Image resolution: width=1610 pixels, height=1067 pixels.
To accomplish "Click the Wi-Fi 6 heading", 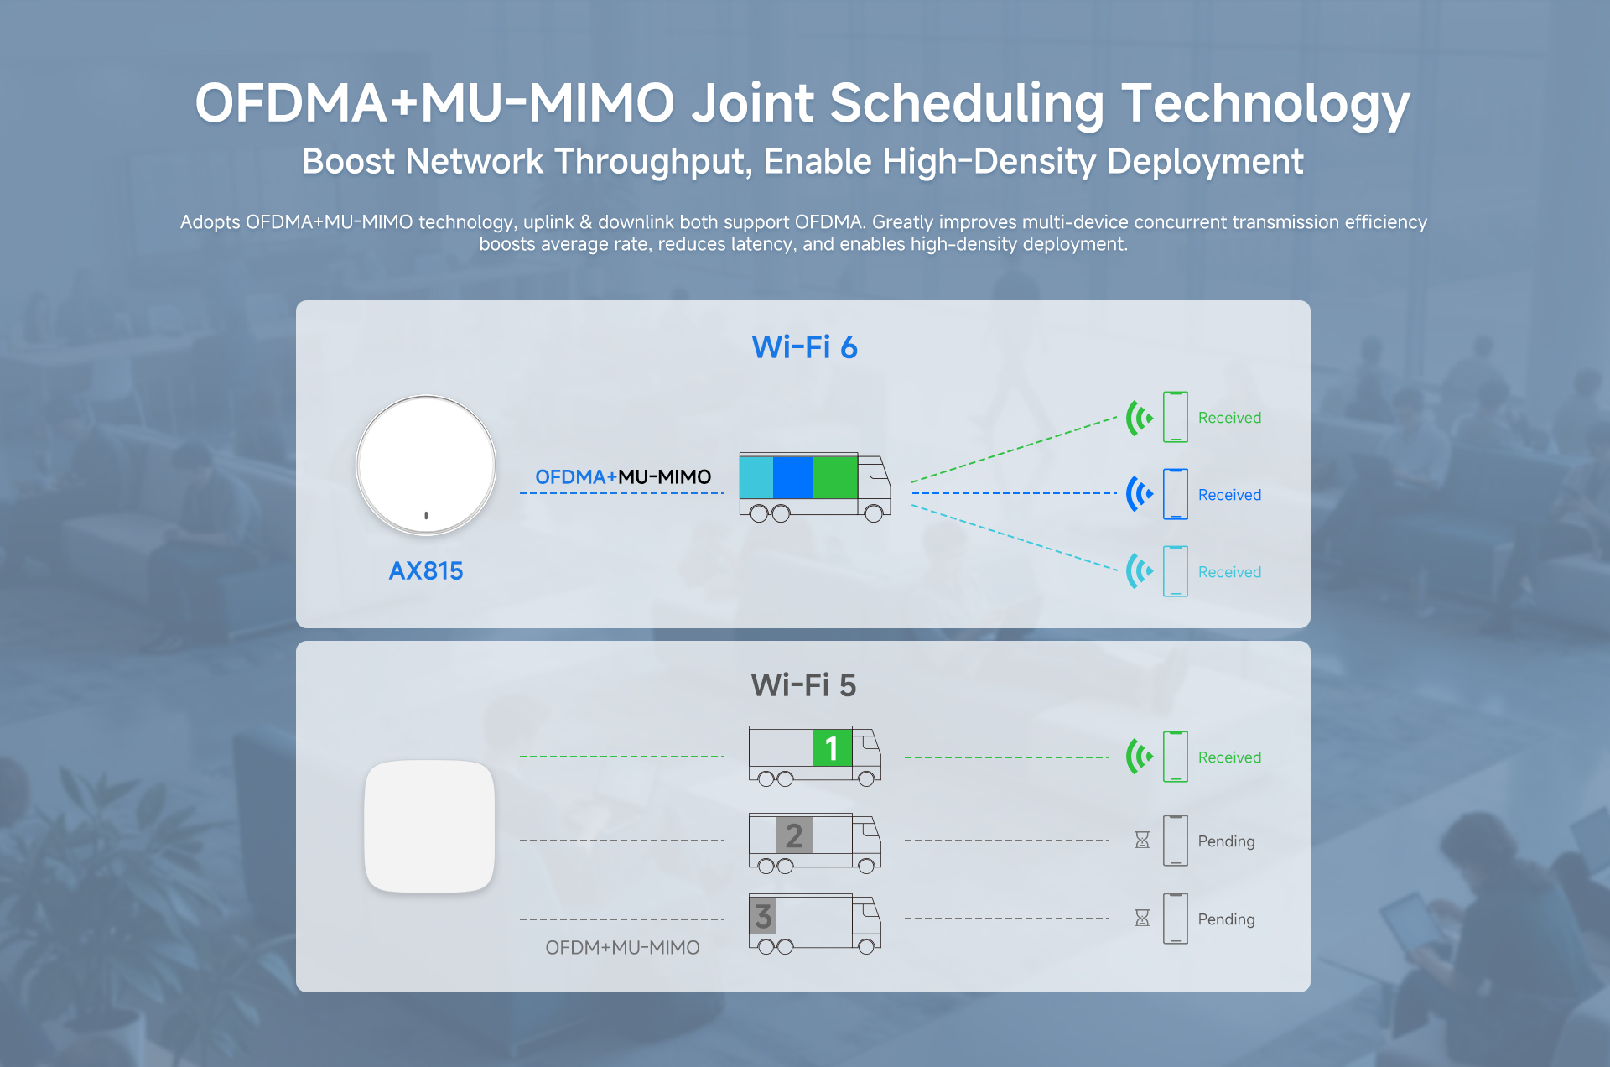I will (x=804, y=347).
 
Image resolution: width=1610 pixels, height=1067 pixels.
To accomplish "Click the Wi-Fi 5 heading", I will (x=803, y=685).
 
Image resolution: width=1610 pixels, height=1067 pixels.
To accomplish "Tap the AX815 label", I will (x=426, y=571).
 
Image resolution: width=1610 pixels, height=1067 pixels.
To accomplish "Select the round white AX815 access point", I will (x=426, y=465).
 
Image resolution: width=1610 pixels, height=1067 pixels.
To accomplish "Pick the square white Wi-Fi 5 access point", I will (x=429, y=826).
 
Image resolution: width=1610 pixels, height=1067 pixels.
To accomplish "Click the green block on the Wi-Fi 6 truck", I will (x=834, y=477).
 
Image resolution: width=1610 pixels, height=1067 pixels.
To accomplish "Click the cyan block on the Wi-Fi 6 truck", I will (x=756, y=477).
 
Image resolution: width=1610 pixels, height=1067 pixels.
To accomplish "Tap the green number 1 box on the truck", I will (x=832, y=747).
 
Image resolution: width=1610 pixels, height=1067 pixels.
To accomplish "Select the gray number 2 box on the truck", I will (x=794, y=835).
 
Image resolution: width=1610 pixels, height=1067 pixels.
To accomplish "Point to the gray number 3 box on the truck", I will (x=763, y=915).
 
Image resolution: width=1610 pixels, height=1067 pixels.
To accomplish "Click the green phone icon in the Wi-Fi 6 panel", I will (x=1176, y=417).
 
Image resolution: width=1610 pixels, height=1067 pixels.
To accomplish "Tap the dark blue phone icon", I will (x=1176, y=494).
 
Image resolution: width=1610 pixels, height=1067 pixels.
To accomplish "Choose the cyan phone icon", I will (x=1176, y=571).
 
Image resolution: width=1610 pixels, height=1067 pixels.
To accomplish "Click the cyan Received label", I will (x=1229, y=572).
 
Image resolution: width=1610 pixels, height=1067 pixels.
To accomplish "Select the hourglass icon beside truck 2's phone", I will (x=1142, y=840).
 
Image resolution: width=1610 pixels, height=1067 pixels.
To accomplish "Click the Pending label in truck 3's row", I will (x=1226, y=919).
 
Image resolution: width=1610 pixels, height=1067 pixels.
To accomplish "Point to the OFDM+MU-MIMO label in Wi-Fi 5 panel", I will (x=622, y=948).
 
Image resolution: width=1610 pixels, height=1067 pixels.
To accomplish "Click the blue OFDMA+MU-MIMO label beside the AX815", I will (x=623, y=477).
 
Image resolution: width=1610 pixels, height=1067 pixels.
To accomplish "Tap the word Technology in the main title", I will (x=1265, y=104).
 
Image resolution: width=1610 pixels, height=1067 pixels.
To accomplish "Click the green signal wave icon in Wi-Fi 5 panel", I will (x=1140, y=757).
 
